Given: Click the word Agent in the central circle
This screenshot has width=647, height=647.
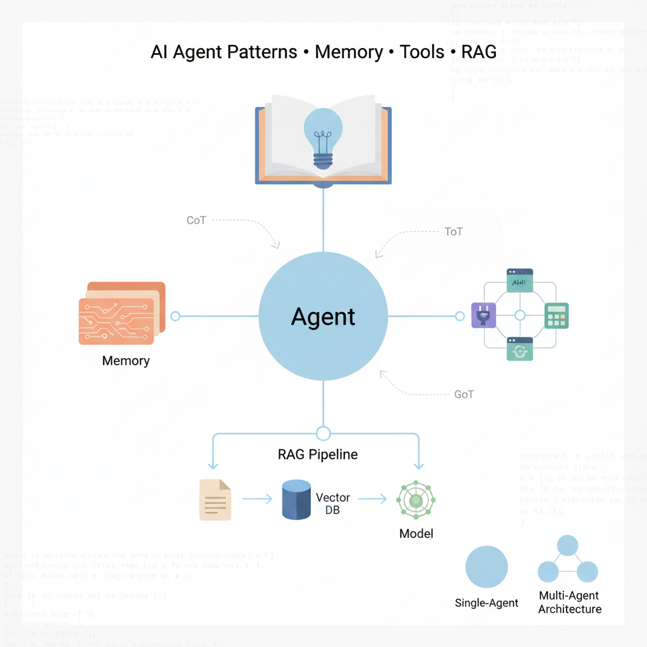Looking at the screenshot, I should point(323,317).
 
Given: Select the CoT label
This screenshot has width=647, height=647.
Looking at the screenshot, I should point(197,221).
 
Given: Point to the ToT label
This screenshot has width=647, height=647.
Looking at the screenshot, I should point(454,231).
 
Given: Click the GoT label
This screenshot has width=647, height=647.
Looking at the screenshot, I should point(464,394).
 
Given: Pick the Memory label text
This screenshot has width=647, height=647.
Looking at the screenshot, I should point(126,361).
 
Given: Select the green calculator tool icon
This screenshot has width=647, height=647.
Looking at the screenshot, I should point(557,315).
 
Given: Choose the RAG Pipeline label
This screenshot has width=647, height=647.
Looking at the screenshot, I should point(318,454).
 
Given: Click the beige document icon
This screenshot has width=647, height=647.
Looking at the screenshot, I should point(215,499).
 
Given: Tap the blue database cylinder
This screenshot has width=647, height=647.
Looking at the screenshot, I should point(296,499).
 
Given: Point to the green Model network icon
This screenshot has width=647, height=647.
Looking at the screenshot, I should point(416,500).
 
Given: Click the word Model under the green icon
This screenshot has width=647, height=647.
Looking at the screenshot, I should point(416,534).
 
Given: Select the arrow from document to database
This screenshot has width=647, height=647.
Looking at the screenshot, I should point(256,499).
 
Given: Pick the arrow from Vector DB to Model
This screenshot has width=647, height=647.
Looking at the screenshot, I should point(372,499).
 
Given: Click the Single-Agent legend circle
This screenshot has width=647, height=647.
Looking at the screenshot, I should point(487,567).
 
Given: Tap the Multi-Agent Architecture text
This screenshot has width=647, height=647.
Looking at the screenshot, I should point(569,602).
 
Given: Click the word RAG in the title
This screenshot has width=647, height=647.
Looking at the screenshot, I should point(478,51).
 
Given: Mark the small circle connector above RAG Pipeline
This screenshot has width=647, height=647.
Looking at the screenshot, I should point(323,433).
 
